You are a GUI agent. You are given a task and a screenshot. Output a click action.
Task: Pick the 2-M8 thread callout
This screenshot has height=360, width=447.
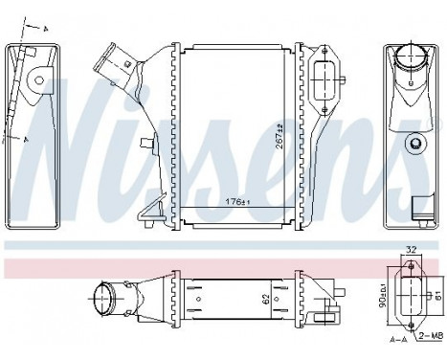click(x=432, y=336)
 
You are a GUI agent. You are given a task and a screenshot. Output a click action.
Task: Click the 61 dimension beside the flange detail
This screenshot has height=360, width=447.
click(x=440, y=294)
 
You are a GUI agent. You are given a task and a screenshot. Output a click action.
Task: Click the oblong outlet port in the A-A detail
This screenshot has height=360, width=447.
click(x=413, y=293)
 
